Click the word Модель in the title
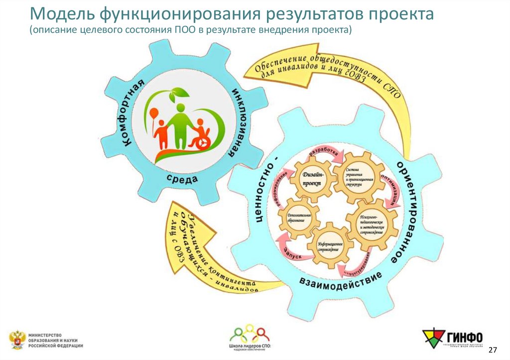59,14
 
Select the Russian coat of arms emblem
16,339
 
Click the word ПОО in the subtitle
181,30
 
